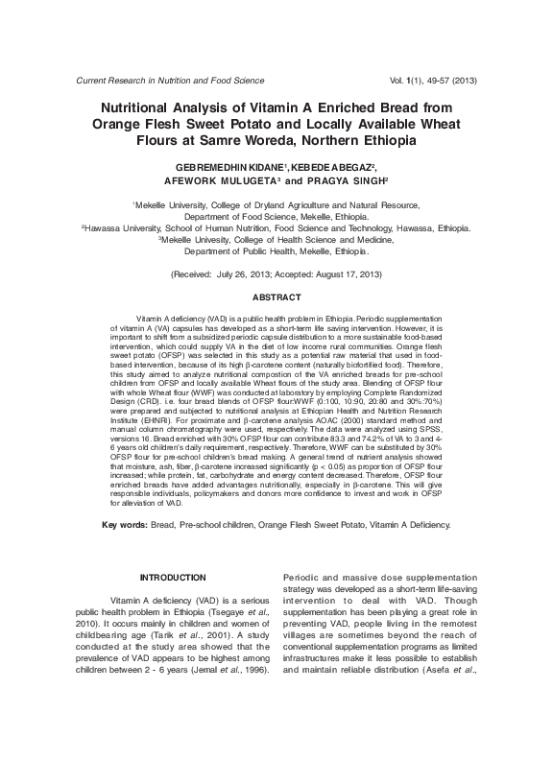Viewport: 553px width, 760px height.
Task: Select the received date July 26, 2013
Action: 246,274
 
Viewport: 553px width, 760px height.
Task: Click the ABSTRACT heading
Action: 276,297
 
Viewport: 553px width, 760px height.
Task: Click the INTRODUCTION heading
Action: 173,577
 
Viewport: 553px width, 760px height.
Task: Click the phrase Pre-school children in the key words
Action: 216,525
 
